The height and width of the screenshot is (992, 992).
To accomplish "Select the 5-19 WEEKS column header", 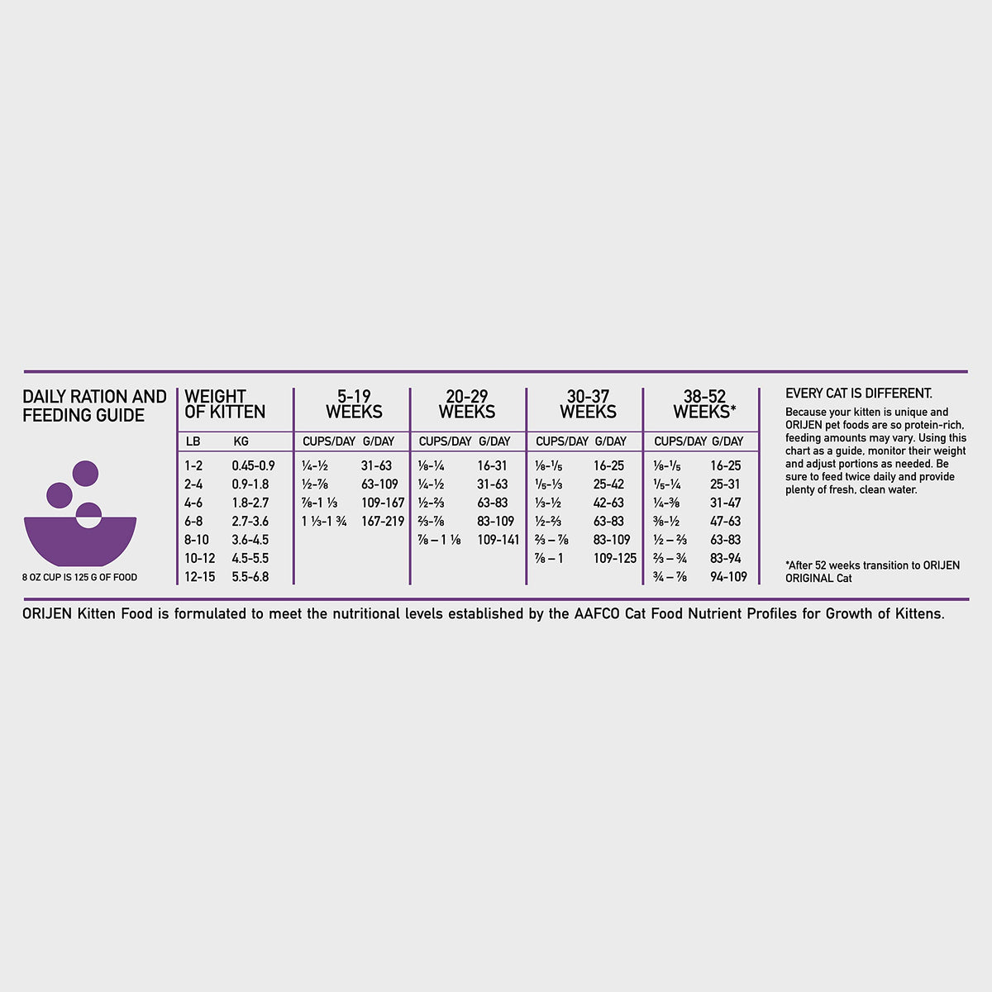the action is (354, 404).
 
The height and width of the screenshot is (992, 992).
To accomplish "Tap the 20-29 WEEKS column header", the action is (467, 404).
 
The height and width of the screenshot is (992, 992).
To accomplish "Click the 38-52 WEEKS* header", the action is (705, 404).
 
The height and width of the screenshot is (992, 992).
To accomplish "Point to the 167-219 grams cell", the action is (383, 521).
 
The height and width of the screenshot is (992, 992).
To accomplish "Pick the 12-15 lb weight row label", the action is (200, 576).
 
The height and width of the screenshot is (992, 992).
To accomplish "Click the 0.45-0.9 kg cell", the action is (253, 465).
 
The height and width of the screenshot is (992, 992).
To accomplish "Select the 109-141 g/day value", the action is (498, 540).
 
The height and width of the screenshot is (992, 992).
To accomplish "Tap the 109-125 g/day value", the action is (615, 558).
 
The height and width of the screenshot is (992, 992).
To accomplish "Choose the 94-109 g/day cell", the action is (728, 576).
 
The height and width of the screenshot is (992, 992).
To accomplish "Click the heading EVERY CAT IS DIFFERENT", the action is (859, 393).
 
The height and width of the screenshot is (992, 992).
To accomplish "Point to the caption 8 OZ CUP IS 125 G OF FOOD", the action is (80, 577).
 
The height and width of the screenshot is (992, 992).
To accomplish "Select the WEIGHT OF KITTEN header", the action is (225, 404).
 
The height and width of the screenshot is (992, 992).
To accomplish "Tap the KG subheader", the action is (241, 441).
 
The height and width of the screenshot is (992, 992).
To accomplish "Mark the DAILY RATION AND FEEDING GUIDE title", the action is (94, 406).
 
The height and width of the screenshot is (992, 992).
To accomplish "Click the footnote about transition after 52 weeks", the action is (873, 571).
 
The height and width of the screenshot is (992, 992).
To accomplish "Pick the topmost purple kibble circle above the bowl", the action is (85, 474).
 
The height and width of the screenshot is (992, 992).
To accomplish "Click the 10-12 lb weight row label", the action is (200, 558).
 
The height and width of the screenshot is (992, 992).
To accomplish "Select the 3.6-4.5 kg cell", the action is (250, 540).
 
